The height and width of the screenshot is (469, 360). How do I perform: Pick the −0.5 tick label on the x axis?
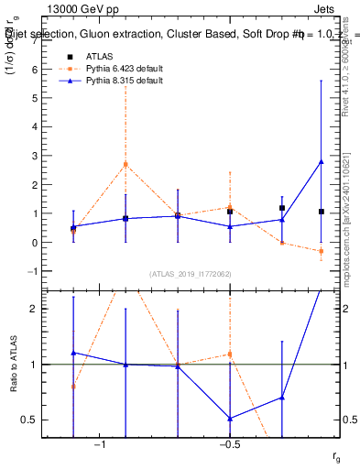tap(229, 445)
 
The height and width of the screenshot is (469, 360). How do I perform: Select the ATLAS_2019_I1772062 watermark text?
tap(191, 274)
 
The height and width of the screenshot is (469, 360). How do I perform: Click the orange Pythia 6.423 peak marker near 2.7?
tap(125, 165)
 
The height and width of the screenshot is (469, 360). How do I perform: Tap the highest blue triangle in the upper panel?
tap(321, 162)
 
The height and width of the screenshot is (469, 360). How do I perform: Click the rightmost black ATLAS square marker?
tap(321, 212)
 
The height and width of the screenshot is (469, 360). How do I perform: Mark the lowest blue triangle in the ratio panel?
tap(230, 419)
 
